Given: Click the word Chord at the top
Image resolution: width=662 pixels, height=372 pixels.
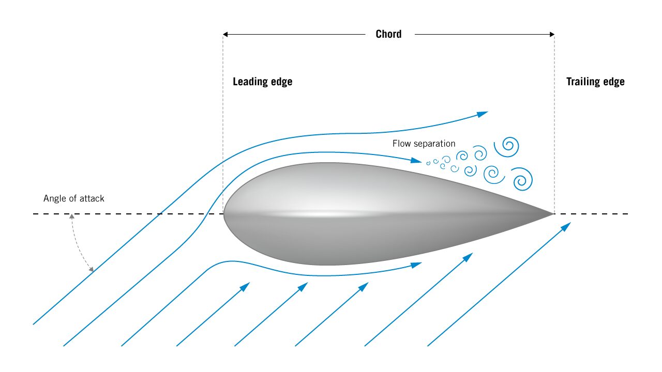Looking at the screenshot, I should click(388, 34).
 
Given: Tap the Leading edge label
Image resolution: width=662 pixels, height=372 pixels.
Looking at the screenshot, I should click(262, 82).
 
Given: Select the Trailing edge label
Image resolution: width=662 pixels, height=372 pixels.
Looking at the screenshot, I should click(595, 82).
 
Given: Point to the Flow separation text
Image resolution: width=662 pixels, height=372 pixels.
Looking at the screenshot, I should click(424, 144).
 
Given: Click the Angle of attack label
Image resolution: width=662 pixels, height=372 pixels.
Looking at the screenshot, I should click(74, 198).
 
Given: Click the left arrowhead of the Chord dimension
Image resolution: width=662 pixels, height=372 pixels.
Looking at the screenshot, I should click(226, 35).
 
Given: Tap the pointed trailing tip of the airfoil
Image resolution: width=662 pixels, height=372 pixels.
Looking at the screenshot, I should click(553, 213).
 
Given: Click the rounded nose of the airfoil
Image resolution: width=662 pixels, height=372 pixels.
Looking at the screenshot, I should click(225, 213).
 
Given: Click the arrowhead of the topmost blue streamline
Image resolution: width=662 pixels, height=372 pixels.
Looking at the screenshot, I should click(483, 113).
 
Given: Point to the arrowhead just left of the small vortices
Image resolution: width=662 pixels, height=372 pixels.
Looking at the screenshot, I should click(417, 161).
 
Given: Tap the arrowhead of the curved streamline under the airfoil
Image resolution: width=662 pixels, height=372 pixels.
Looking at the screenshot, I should click(416, 265).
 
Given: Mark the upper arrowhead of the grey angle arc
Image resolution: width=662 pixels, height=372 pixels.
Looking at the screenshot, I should click(72, 216).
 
